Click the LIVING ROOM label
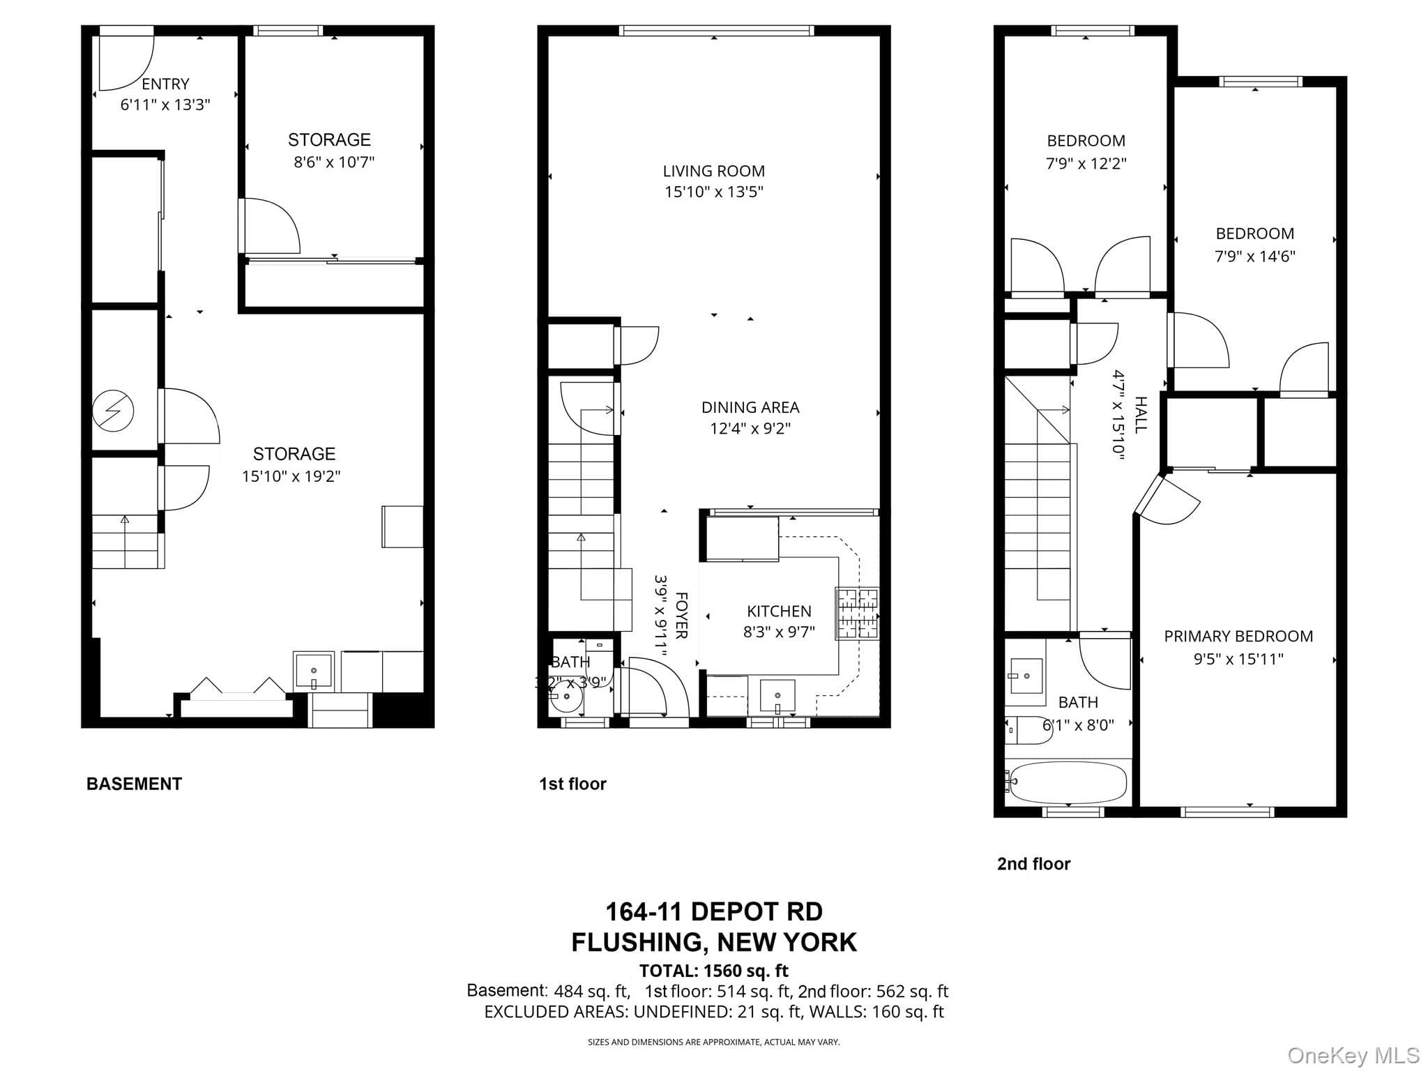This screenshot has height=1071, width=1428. pyautogui.click(x=713, y=171)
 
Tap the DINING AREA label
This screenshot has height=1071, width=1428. pyautogui.click(x=750, y=407)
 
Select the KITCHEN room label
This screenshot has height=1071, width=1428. pyautogui.click(x=779, y=612)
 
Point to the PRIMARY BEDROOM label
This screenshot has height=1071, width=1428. pyautogui.click(x=1238, y=636)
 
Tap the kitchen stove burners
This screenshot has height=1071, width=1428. pyautogui.click(x=858, y=614)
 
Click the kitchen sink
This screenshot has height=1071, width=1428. pyautogui.click(x=777, y=696)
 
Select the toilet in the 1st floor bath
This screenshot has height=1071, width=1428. pyautogui.click(x=566, y=697)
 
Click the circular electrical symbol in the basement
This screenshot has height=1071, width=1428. pyautogui.click(x=113, y=411)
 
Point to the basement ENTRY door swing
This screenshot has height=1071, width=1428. pyautogui.click(x=126, y=62)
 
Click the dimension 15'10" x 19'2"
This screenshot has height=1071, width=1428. pyautogui.click(x=291, y=476)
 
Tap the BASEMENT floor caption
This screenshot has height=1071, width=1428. pyautogui.click(x=134, y=784)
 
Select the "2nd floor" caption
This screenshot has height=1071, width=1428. pyautogui.click(x=1033, y=864)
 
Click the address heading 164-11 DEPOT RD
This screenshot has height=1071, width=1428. pyautogui.click(x=714, y=911)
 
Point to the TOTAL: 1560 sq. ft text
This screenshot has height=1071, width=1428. pyautogui.click(x=714, y=971)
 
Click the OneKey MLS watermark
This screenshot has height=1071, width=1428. pyautogui.click(x=1353, y=1056)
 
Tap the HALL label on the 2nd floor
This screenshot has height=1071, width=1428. pyautogui.click(x=1141, y=415)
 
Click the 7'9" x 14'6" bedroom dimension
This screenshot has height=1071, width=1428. pyautogui.click(x=1255, y=256)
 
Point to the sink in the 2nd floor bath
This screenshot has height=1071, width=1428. pyautogui.click(x=1026, y=676)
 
